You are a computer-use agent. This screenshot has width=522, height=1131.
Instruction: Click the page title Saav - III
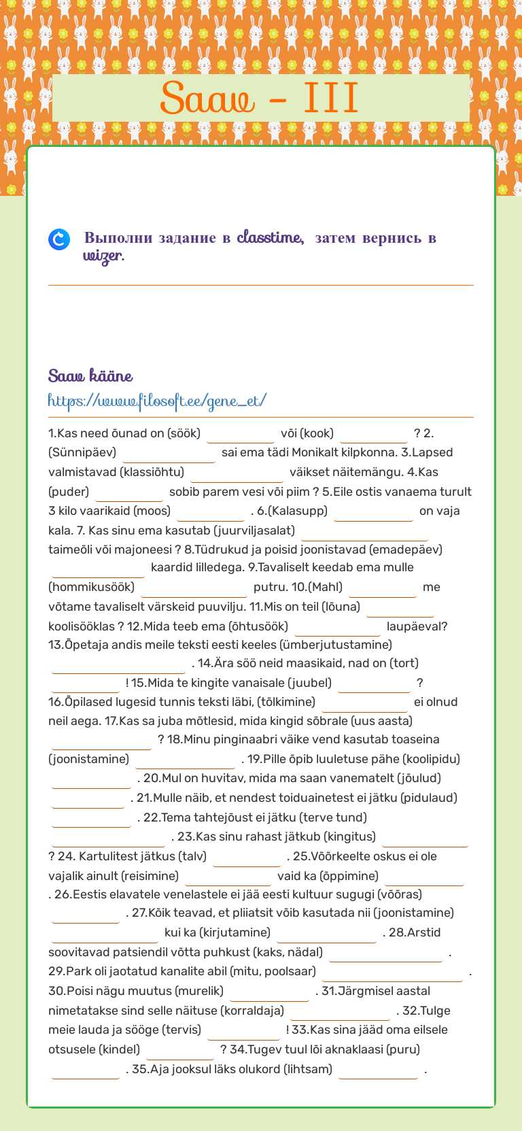tap(260, 98)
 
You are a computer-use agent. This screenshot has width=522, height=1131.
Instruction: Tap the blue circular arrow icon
tap(59, 239)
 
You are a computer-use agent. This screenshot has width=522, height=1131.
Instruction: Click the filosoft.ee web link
tap(157, 401)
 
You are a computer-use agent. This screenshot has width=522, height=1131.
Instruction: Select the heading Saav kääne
tap(90, 375)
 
